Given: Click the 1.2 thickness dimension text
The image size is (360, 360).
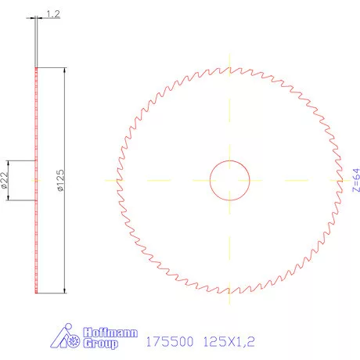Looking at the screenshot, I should (52, 13).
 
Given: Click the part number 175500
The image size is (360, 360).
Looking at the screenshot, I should (170, 341).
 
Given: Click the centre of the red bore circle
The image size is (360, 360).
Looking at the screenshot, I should (229, 180).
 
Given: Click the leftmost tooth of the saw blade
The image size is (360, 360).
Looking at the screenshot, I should (118, 180).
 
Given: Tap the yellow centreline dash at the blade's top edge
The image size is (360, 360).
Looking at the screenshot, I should (229, 61).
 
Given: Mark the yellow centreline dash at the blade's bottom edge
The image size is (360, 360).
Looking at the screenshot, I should (229, 298).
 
